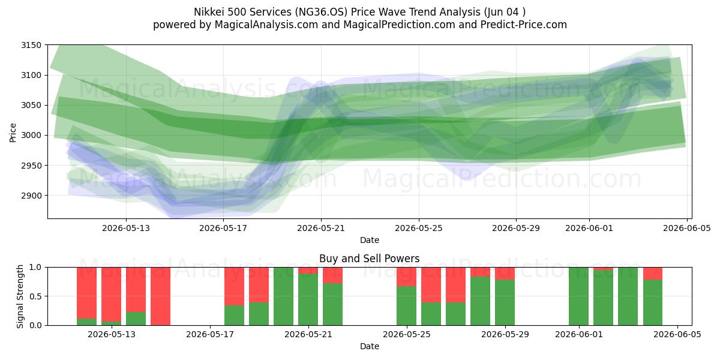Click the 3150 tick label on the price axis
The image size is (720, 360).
click(31, 46)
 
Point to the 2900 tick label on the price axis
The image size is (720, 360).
click(31, 196)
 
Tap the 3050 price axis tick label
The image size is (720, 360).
click(31, 106)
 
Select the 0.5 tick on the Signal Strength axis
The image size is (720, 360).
click(35, 296)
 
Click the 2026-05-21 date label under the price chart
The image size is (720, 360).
click(321, 228)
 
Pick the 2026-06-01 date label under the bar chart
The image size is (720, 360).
click(579, 334)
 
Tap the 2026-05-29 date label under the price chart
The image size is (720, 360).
click(516, 228)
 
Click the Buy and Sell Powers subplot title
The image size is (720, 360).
click(370, 259)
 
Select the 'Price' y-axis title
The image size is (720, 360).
click(13, 133)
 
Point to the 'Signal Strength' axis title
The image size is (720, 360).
click(20, 296)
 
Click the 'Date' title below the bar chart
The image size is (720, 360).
click(370, 346)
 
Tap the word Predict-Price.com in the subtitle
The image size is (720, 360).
click(524, 25)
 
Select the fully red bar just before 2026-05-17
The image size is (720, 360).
click(160, 296)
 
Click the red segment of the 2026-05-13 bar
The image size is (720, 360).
click(111, 295)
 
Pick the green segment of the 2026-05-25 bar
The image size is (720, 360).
click(406, 305)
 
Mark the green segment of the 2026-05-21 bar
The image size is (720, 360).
click(308, 299)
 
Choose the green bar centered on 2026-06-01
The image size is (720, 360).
click(578, 296)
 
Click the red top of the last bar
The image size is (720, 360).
click(653, 274)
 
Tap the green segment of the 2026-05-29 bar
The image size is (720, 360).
click(505, 302)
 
